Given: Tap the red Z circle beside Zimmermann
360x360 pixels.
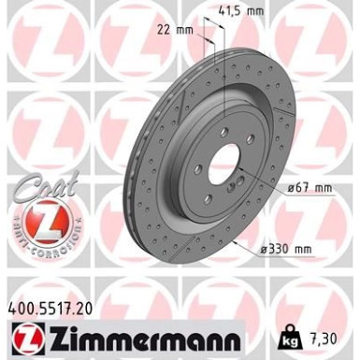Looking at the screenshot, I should (23, 334).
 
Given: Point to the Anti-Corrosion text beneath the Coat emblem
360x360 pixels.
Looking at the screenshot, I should (40, 247).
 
